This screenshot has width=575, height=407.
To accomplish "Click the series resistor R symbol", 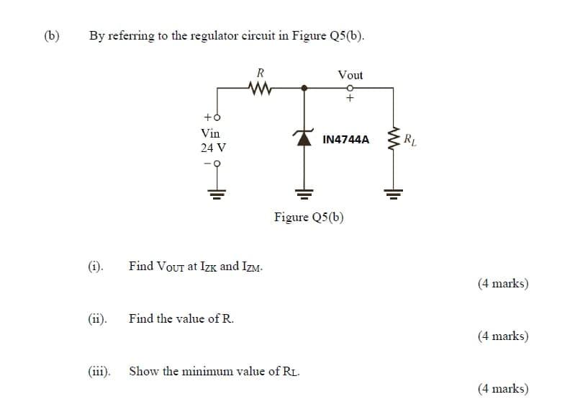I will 261,88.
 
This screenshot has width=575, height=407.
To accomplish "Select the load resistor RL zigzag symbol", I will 392,139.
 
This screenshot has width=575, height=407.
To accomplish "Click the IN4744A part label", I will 346,139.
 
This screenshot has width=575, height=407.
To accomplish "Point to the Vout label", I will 350,75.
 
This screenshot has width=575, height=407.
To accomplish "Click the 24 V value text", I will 213,148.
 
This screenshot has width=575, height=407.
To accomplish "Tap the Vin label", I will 211,133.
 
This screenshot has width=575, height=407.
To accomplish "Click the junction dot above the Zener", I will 304,88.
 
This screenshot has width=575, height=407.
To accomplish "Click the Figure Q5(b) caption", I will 309,217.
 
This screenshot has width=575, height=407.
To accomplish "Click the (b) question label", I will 52,35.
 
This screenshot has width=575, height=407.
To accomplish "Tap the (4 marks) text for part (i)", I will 502,283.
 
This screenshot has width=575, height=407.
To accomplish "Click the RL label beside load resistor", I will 409,138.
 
